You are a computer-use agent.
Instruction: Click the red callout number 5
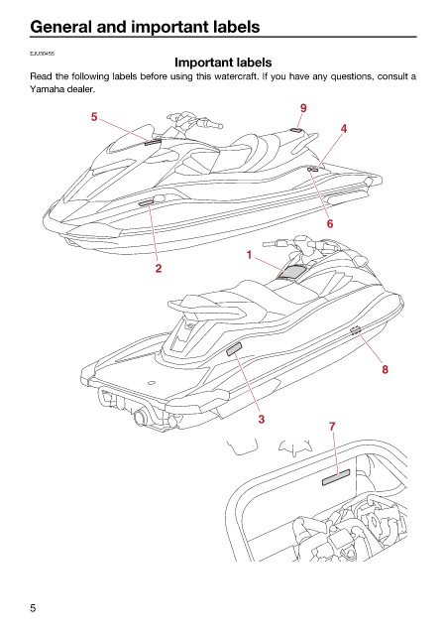coord(94,117)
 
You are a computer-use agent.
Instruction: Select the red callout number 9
coord(303,108)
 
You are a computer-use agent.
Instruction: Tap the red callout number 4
coord(344,129)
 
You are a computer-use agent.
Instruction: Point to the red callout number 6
coord(330,223)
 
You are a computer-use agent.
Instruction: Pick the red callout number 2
coord(159,268)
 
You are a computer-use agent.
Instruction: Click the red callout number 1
coord(249,255)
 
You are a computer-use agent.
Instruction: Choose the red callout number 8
coord(385,369)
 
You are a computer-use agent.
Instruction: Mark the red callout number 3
coord(262,419)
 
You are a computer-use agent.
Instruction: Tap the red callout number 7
coord(332,427)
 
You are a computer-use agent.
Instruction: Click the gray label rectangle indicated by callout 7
coord(336,477)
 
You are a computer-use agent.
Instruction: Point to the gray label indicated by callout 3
coord(234,348)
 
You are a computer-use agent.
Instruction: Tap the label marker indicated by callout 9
coord(296,130)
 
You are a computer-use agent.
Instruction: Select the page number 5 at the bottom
coord(33,608)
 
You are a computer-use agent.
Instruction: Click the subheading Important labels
coord(223,63)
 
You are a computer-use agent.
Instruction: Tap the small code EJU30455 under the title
coord(42,54)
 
